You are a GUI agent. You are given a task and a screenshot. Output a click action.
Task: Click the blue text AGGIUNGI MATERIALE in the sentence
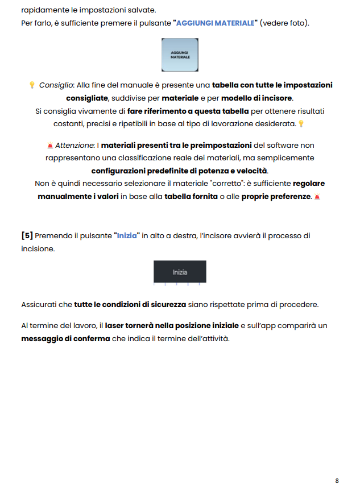pyautogui.click(x=215, y=23)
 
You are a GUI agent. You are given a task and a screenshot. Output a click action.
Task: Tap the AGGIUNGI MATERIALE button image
pyautogui.click(x=180, y=55)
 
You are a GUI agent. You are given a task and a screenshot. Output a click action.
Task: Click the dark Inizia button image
pyautogui.click(x=180, y=272)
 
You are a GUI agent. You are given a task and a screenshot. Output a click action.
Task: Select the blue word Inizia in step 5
pyautogui.click(x=127, y=235)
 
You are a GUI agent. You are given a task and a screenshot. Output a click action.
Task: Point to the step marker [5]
pyautogui.click(x=27, y=235)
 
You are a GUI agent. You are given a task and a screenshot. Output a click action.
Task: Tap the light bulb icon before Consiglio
pyautogui.click(x=32, y=85)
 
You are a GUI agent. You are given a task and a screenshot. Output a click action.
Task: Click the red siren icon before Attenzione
pyautogui.click(x=51, y=146)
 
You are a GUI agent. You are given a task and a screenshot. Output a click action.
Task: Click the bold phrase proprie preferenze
pyautogui.click(x=276, y=196)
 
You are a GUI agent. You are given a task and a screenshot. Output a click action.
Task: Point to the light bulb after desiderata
pyautogui.click(x=301, y=123)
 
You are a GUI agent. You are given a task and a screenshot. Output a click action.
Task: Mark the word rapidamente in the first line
pyautogui.click(x=44, y=10)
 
